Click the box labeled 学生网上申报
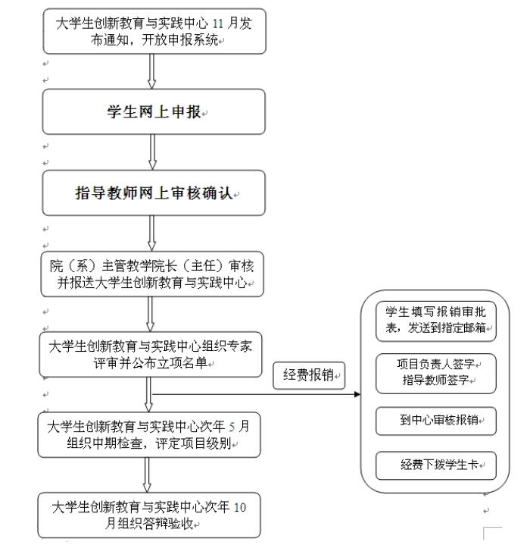click(153, 111)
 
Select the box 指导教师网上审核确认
click(153, 193)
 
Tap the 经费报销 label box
click(308, 374)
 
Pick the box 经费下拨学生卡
click(436, 465)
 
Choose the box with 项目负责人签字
click(436, 363)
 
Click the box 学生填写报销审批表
click(436, 320)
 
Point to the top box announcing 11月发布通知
click(153, 31)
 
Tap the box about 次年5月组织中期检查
click(151, 435)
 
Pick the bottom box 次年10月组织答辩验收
click(151, 515)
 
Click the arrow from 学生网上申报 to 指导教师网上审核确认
click(152, 152)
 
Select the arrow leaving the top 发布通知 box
click(152, 71)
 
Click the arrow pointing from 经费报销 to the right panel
click(356, 392)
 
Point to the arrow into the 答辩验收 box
click(147, 475)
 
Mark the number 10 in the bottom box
click(241, 506)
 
